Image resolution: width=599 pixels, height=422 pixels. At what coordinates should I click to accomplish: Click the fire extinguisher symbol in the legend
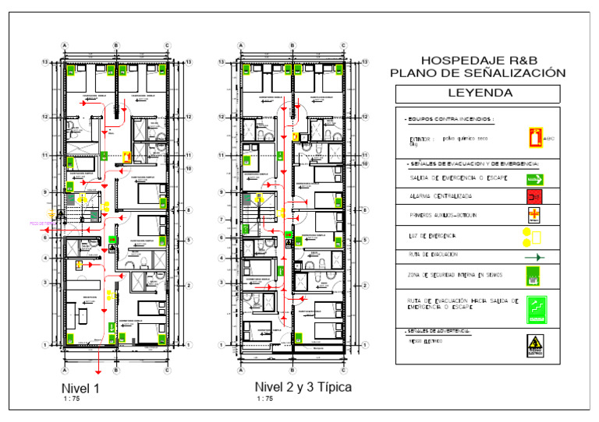[x=534, y=138]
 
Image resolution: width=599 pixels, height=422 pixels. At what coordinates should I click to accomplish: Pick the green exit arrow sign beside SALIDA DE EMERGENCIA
[x=534, y=179]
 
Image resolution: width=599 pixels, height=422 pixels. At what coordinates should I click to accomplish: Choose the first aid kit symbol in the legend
[x=534, y=215]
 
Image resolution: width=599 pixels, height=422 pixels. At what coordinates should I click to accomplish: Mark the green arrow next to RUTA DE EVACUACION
[x=534, y=256]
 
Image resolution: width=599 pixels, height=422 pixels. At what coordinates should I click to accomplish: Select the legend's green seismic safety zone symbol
[x=534, y=276]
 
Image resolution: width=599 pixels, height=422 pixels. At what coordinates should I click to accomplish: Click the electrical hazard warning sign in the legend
[x=534, y=346]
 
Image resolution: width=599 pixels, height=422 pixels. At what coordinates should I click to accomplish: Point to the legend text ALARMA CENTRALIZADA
[x=440, y=198]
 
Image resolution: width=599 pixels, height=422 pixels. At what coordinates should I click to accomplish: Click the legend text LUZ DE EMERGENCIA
[x=433, y=235]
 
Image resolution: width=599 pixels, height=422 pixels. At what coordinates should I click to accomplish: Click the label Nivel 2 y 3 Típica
[x=303, y=386]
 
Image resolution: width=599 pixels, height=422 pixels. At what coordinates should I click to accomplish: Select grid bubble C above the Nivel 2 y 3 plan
[x=343, y=45]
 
